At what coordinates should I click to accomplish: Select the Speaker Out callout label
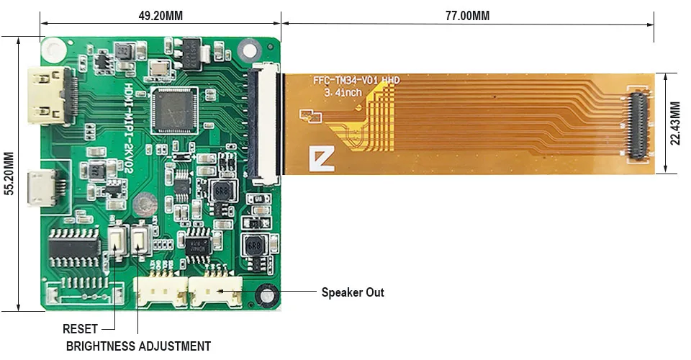point(352,292)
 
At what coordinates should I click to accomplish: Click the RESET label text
point(80,329)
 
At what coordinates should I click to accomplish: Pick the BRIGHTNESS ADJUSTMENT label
point(138,346)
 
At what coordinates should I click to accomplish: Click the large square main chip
point(173,109)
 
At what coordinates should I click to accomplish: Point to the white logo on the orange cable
point(321,159)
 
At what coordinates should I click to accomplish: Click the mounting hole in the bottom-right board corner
point(268,294)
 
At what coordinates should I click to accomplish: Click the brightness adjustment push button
point(141,240)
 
